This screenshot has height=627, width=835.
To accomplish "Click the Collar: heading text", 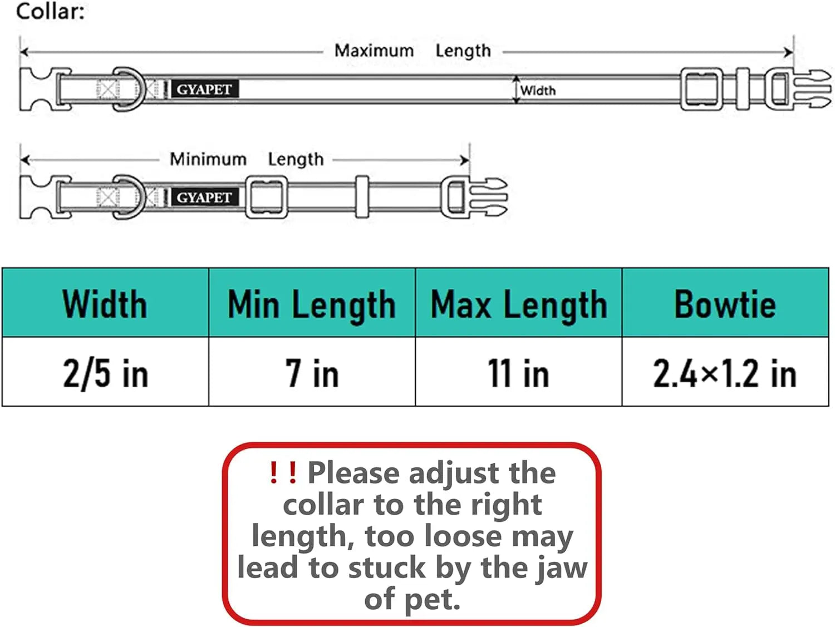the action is (50, 12).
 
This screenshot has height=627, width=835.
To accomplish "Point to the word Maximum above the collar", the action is (374, 51).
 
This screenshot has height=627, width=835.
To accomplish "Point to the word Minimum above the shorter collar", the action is (208, 159).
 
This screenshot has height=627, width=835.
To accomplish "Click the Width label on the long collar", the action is (538, 91).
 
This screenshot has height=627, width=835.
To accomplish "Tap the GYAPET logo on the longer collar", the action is (205, 90).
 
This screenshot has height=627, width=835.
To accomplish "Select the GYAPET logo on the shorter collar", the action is (205, 198).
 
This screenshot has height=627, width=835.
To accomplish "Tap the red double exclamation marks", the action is (283, 472).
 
